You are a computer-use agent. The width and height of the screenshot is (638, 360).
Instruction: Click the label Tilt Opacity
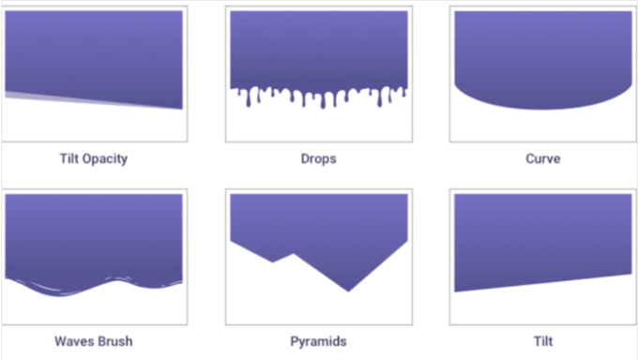(x=92, y=158)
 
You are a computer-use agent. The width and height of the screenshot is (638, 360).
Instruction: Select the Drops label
(x=319, y=158)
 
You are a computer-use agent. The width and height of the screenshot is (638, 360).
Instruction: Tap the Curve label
(x=542, y=158)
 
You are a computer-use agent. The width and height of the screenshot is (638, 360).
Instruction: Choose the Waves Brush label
(x=92, y=340)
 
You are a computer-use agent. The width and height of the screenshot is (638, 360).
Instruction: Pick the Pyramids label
(x=319, y=340)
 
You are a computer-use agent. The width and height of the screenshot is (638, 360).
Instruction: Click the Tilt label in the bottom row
(x=542, y=340)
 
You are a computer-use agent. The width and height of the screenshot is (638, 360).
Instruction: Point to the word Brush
(x=114, y=340)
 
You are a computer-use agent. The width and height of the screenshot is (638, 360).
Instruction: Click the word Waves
(x=73, y=340)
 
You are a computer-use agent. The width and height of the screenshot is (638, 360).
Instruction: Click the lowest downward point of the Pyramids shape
(x=349, y=291)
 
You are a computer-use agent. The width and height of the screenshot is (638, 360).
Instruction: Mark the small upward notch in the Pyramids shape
(x=293, y=254)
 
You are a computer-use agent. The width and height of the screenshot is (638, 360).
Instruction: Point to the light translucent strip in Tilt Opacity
(x=38, y=97)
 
